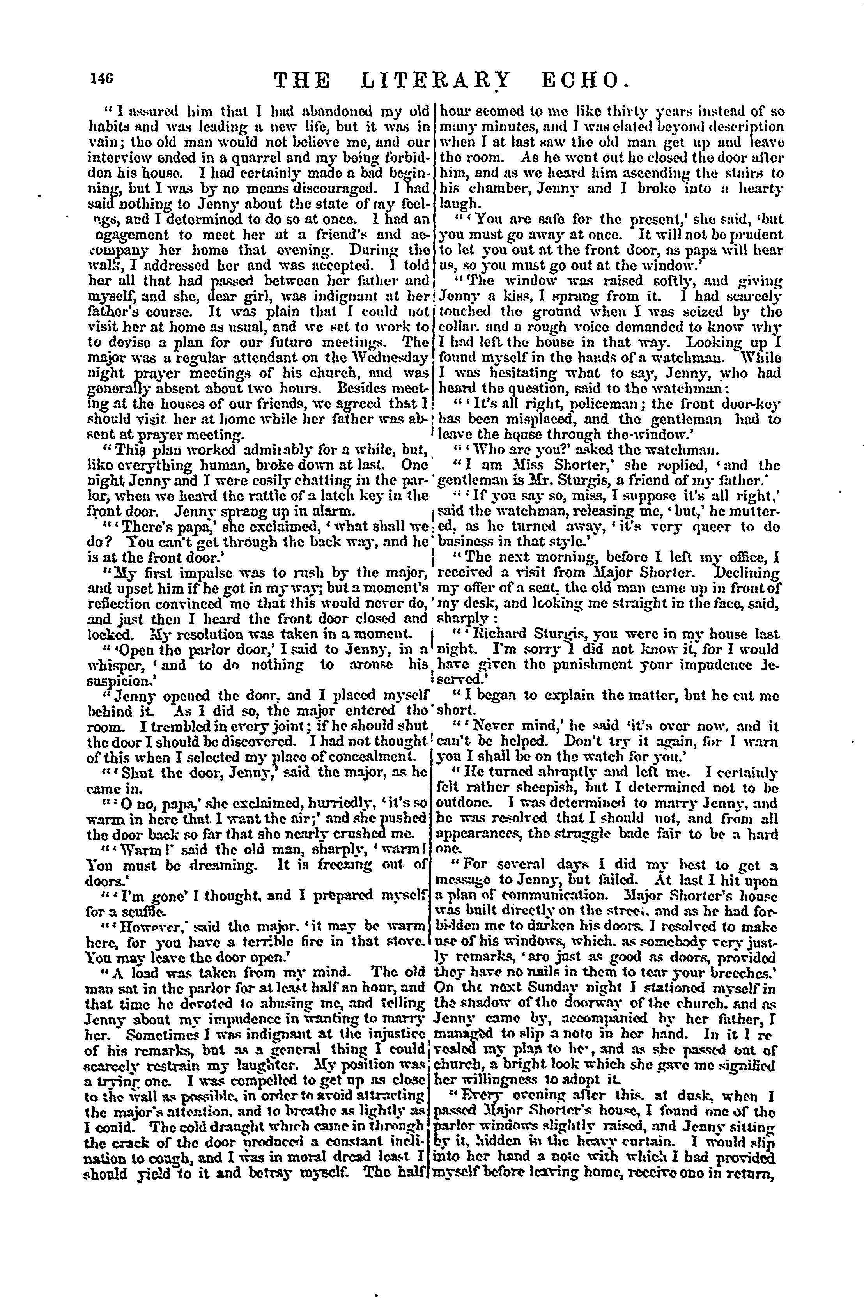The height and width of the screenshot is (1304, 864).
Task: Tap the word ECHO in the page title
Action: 584,81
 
